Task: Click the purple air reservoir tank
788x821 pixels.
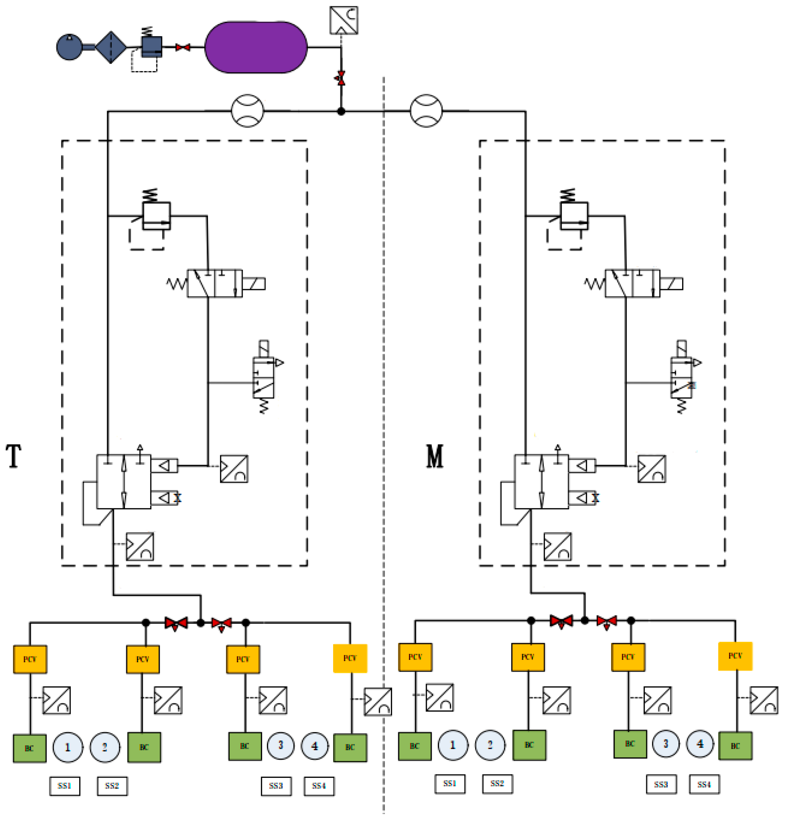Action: pyautogui.click(x=256, y=47)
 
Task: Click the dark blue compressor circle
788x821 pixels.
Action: pyautogui.click(x=69, y=47)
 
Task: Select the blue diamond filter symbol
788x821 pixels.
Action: pyautogui.click(x=110, y=47)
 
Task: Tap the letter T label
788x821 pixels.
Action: pyautogui.click(x=13, y=456)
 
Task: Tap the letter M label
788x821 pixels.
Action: pyautogui.click(x=435, y=456)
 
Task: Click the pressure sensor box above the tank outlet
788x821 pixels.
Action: pyautogui.click(x=343, y=20)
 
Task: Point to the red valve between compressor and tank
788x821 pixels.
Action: pyautogui.click(x=182, y=47)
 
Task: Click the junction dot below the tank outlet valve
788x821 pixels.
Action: pyautogui.click(x=341, y=111)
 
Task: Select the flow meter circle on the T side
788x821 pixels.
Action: pyautogui.click(x=247, y=111)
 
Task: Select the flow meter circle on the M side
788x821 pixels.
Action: pyautogui.click(x=426, y=111)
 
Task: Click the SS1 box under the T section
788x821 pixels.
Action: pyautogui.click(x=64, y=786)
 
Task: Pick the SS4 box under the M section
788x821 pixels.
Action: pyautogui.click(x=704, y=784)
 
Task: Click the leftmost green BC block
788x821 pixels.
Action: pyautogui.click(x=29, y=748)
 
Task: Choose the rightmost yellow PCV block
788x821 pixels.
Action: pyautogui.click(x=735, y=656)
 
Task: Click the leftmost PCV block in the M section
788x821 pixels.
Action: pyautogui.click(x=415, y=657)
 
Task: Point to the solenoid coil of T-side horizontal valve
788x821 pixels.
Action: pyautogui.click(x=253, y=284)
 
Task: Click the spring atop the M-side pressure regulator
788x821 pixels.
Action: pyautogui.click(x=567, y=195)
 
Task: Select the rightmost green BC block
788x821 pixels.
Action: pyautogui.click(x=735, y=746)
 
